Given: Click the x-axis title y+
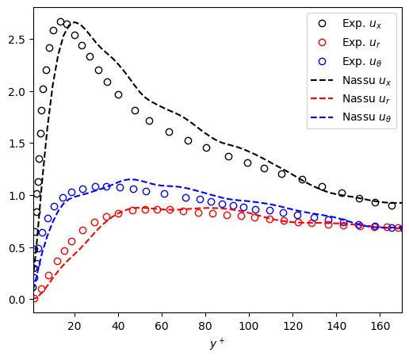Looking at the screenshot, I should point(217,343).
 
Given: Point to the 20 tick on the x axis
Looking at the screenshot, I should point(75,326).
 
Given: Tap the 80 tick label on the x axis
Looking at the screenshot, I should point(206,326).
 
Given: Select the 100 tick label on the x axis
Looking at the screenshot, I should point(250,326).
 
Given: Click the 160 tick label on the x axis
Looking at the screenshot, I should point(380,326).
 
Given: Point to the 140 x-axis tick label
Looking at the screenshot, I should point(337,326).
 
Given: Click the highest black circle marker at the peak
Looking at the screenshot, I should point(60,22).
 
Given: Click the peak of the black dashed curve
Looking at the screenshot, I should point(72,23).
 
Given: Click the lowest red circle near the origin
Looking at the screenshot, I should point(34,298).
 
